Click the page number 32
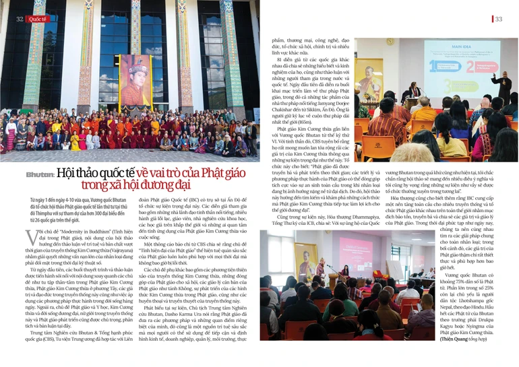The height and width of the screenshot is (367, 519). click(20, 19)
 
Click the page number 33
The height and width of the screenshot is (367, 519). click(498, 20)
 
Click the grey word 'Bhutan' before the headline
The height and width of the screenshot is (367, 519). click(39, 174)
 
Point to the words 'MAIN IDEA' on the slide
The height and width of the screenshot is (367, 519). click(447, 48)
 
